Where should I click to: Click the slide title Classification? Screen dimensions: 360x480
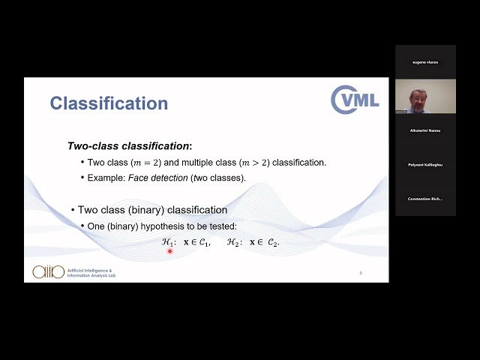(109, 103)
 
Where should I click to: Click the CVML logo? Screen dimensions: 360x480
(355, 100)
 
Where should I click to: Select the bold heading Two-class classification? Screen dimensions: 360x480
(129, 146)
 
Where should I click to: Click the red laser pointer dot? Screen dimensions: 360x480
(170, 251)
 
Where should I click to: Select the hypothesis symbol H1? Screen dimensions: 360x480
(168, 242)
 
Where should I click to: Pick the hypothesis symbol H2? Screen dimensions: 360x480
(232, 242)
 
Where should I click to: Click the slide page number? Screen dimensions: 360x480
(360, 273)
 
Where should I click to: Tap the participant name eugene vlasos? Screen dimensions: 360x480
(425, 62)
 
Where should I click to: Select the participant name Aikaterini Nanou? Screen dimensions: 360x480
(425, 130)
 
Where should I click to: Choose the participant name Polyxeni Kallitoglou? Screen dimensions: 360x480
(425, 164)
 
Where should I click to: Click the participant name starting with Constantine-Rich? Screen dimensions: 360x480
(425, 199)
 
